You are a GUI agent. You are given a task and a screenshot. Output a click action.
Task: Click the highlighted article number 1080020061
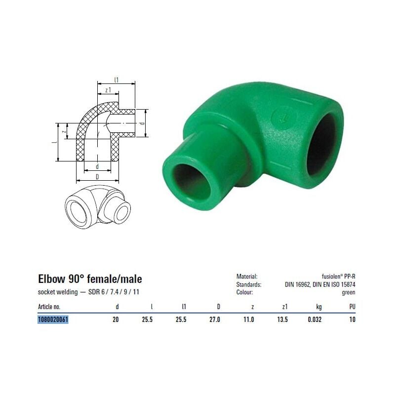point(53,319)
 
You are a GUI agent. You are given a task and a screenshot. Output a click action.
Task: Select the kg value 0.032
point(315,319)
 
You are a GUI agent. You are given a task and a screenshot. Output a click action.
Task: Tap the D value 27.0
point(215,319)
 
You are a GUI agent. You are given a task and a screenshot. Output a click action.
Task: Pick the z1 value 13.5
point(282,319)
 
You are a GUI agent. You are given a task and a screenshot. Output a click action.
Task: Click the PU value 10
point(352,319)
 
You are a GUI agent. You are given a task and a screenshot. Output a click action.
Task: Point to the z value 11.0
point(249,319)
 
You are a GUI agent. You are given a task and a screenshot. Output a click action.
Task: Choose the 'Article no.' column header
point(49,307)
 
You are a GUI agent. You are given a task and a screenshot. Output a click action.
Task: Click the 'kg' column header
point(319,307)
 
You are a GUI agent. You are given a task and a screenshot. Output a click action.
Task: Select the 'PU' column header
point(352,307)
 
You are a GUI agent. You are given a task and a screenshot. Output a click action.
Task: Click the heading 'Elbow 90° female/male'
point(90,279)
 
